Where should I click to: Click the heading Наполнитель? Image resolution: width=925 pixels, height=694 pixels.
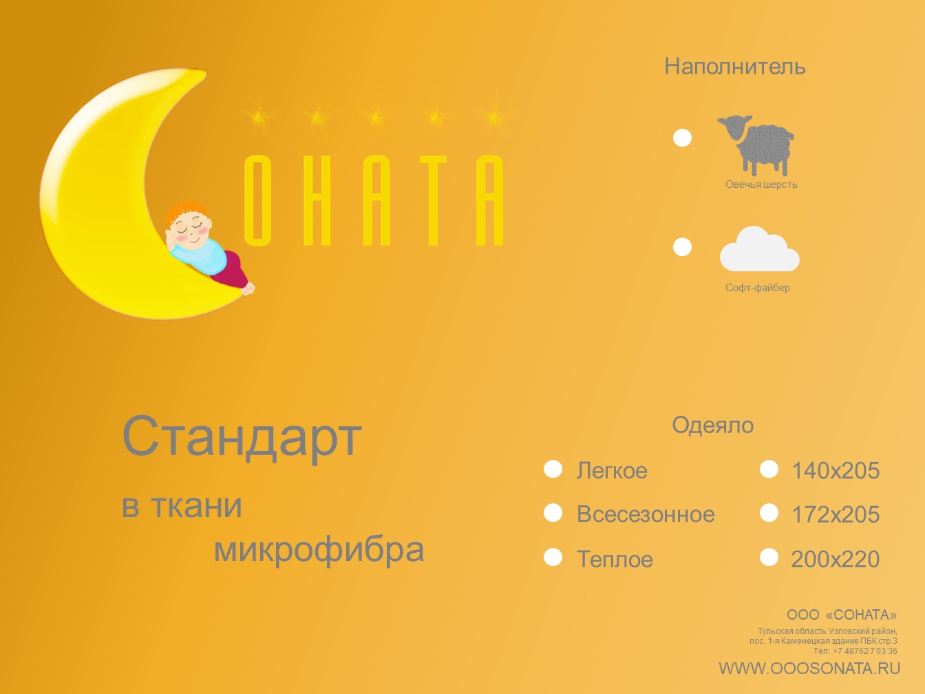pos(735,67)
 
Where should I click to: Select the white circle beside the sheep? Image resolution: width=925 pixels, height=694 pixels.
pos(682,138)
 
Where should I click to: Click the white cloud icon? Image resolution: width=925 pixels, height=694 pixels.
pos(759,249)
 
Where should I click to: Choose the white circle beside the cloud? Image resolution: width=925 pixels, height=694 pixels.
pos(682,246)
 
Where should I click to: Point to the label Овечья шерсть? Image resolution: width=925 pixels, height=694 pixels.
pos(761,185)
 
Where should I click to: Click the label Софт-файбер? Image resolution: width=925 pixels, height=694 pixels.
pos(757,288)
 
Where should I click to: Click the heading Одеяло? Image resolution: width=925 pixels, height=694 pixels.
pos(712,425)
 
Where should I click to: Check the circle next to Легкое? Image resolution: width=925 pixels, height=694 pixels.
pos(553,469)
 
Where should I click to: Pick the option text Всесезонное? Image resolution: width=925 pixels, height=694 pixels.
pos(646,514)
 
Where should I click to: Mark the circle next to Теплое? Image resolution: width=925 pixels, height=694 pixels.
pos(553,557)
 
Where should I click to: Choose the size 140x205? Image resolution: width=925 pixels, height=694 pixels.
pos(836,471)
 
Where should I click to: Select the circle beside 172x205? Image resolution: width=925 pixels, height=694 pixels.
pos(769,513)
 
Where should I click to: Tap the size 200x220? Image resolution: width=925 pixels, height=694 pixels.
pos(836,559)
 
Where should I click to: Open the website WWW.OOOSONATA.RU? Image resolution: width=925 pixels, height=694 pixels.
pos(809,669)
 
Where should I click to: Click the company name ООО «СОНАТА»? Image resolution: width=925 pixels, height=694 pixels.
pos(842,615)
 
